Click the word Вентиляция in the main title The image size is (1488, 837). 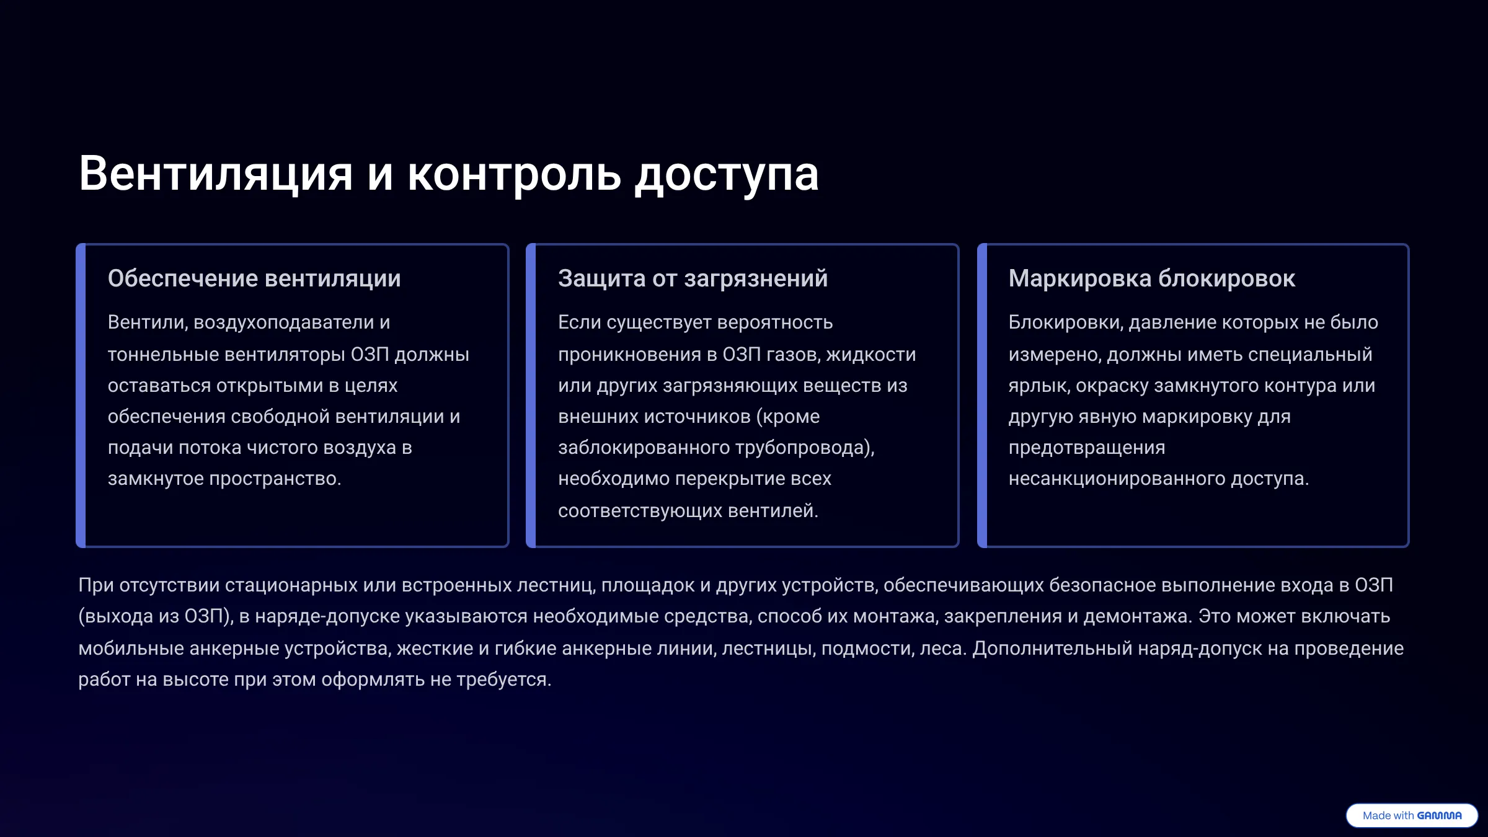tap(216, 174)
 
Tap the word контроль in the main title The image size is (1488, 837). tap(514, 174)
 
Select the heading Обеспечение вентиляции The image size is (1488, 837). tap(254, 279)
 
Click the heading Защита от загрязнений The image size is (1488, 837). tap(693, 279)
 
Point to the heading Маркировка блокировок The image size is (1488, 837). tap(1152, 279)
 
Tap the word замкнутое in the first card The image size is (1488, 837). tap(156, 479)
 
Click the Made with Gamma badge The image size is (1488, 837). tap(1412, 815)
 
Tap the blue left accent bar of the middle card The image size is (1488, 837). tap(531, 396)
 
